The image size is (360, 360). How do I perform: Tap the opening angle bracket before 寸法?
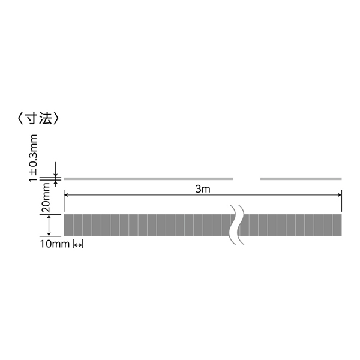click(x=21, y=119)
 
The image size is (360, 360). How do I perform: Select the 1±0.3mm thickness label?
click(x=33, y=158)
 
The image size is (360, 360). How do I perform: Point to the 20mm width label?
click(x=45, y=197)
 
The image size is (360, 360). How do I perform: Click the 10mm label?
click(x=55, y=244)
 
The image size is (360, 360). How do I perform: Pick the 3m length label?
click(x=203, y=189)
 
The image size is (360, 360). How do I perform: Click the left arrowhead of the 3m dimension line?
click(x=65, y=195)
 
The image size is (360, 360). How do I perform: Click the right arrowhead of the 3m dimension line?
click(x=340, y=195)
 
